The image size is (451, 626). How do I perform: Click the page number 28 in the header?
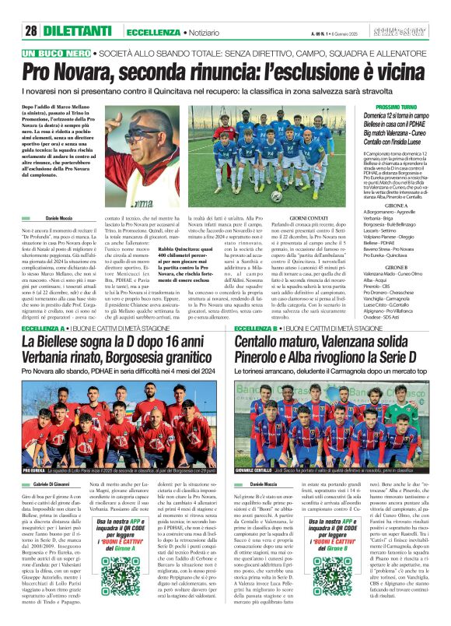[x=31, y=30]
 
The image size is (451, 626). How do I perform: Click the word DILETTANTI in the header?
[x=78, y=30]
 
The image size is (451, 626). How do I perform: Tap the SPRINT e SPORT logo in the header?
[x=420, y=30]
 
